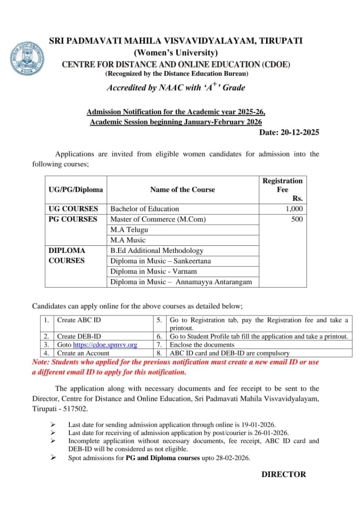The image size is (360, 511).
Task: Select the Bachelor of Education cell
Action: pyautogui.click(x=144, y=209)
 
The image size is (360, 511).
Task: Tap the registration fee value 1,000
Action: pyautogui.click(x=294, y=209)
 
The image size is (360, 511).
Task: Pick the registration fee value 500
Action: pyautogui.click(x=297, y=219)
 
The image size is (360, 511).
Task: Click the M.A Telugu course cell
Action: pyautogui.click(x=129, y=230)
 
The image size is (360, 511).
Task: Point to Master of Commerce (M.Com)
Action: pyautogui.click(x=158, y=219)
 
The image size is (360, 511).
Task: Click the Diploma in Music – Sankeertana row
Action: pyautogui.click(x=160, y=261)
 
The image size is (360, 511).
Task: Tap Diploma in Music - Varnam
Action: pyautogui.click(x=153, y=271)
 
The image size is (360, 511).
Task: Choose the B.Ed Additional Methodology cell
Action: pyautogui.click(x=157, y=251)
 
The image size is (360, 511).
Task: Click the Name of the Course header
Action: pyautogui.click(x=182, y=190)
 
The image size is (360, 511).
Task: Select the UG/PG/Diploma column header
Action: pyautogui.click(x=76, y=190)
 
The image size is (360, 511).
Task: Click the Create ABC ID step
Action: pyautogui.click(x=79, y=320)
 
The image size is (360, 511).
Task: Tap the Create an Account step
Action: pyautogui.click(x=83, y=353)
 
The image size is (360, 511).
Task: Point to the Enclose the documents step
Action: pyautogui.click(x=202, y=345)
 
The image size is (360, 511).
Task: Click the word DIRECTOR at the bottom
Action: pyautogui.click(x=284, y=474)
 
